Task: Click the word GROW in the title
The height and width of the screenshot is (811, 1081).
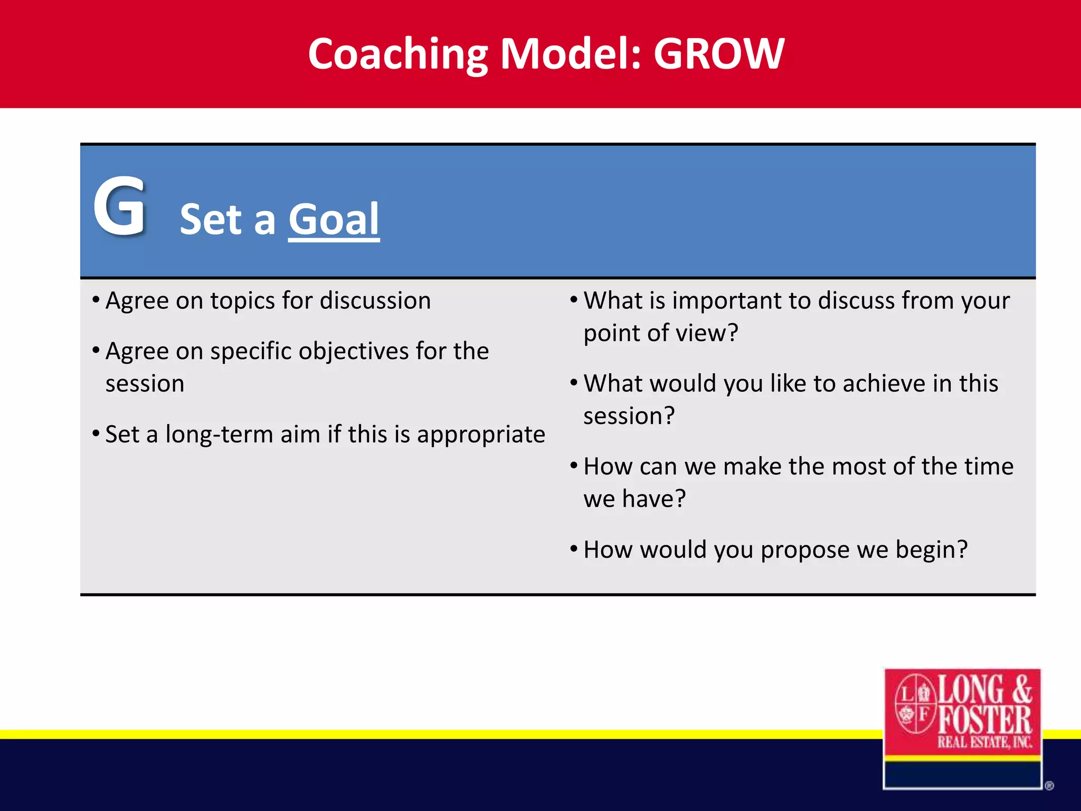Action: tap(719, 54)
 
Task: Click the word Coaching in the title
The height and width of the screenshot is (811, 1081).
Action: tap(399, 55)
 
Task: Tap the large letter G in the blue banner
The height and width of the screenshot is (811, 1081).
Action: tap(119, 207)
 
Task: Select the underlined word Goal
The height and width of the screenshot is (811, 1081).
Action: tap(334, 220)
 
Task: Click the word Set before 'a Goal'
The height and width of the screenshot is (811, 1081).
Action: tap(211, 220)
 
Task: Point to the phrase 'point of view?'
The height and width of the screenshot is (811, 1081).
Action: tap(660, 334)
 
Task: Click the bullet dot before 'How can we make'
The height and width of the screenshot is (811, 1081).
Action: tap(574, 466)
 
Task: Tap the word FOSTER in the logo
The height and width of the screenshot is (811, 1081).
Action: tap(984, 720)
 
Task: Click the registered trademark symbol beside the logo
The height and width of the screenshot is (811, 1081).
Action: tap(1049, 786)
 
